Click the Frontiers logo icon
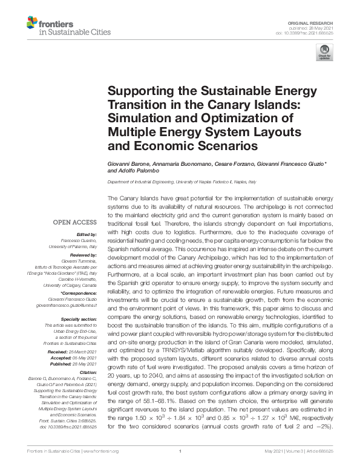coord(32,24)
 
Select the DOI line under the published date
coord(309,33)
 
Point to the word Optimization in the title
coord(240,118)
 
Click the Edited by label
coord(86,234)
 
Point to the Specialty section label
coord(79,318)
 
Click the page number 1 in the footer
coord(180,468)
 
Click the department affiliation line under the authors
coord(182,182)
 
